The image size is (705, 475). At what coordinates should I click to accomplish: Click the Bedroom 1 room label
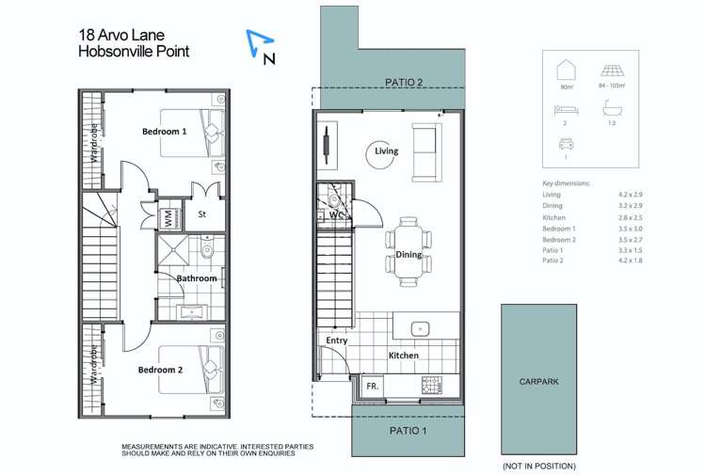(x=164, y=132)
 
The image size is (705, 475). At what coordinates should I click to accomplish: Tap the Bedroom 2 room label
(x=162, y=370)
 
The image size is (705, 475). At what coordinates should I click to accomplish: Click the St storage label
(x=201, y=214)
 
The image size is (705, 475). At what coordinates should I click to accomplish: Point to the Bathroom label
(x=197, y=278)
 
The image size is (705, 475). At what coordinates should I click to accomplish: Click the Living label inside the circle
(x=386, y=150)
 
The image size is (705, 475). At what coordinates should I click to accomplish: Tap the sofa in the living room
(x=425, y=152)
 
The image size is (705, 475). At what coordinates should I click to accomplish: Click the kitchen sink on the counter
(x=421, y=328)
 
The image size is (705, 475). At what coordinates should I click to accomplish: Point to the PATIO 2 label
(x=404, y=83)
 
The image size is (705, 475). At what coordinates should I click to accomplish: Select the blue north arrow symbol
(x=262, y=42)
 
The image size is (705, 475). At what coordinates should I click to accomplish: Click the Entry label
(x=337, y=340)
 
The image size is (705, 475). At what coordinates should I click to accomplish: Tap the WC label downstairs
(x=336, y=214)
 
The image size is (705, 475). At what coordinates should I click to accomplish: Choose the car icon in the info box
(x=566, y=145)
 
